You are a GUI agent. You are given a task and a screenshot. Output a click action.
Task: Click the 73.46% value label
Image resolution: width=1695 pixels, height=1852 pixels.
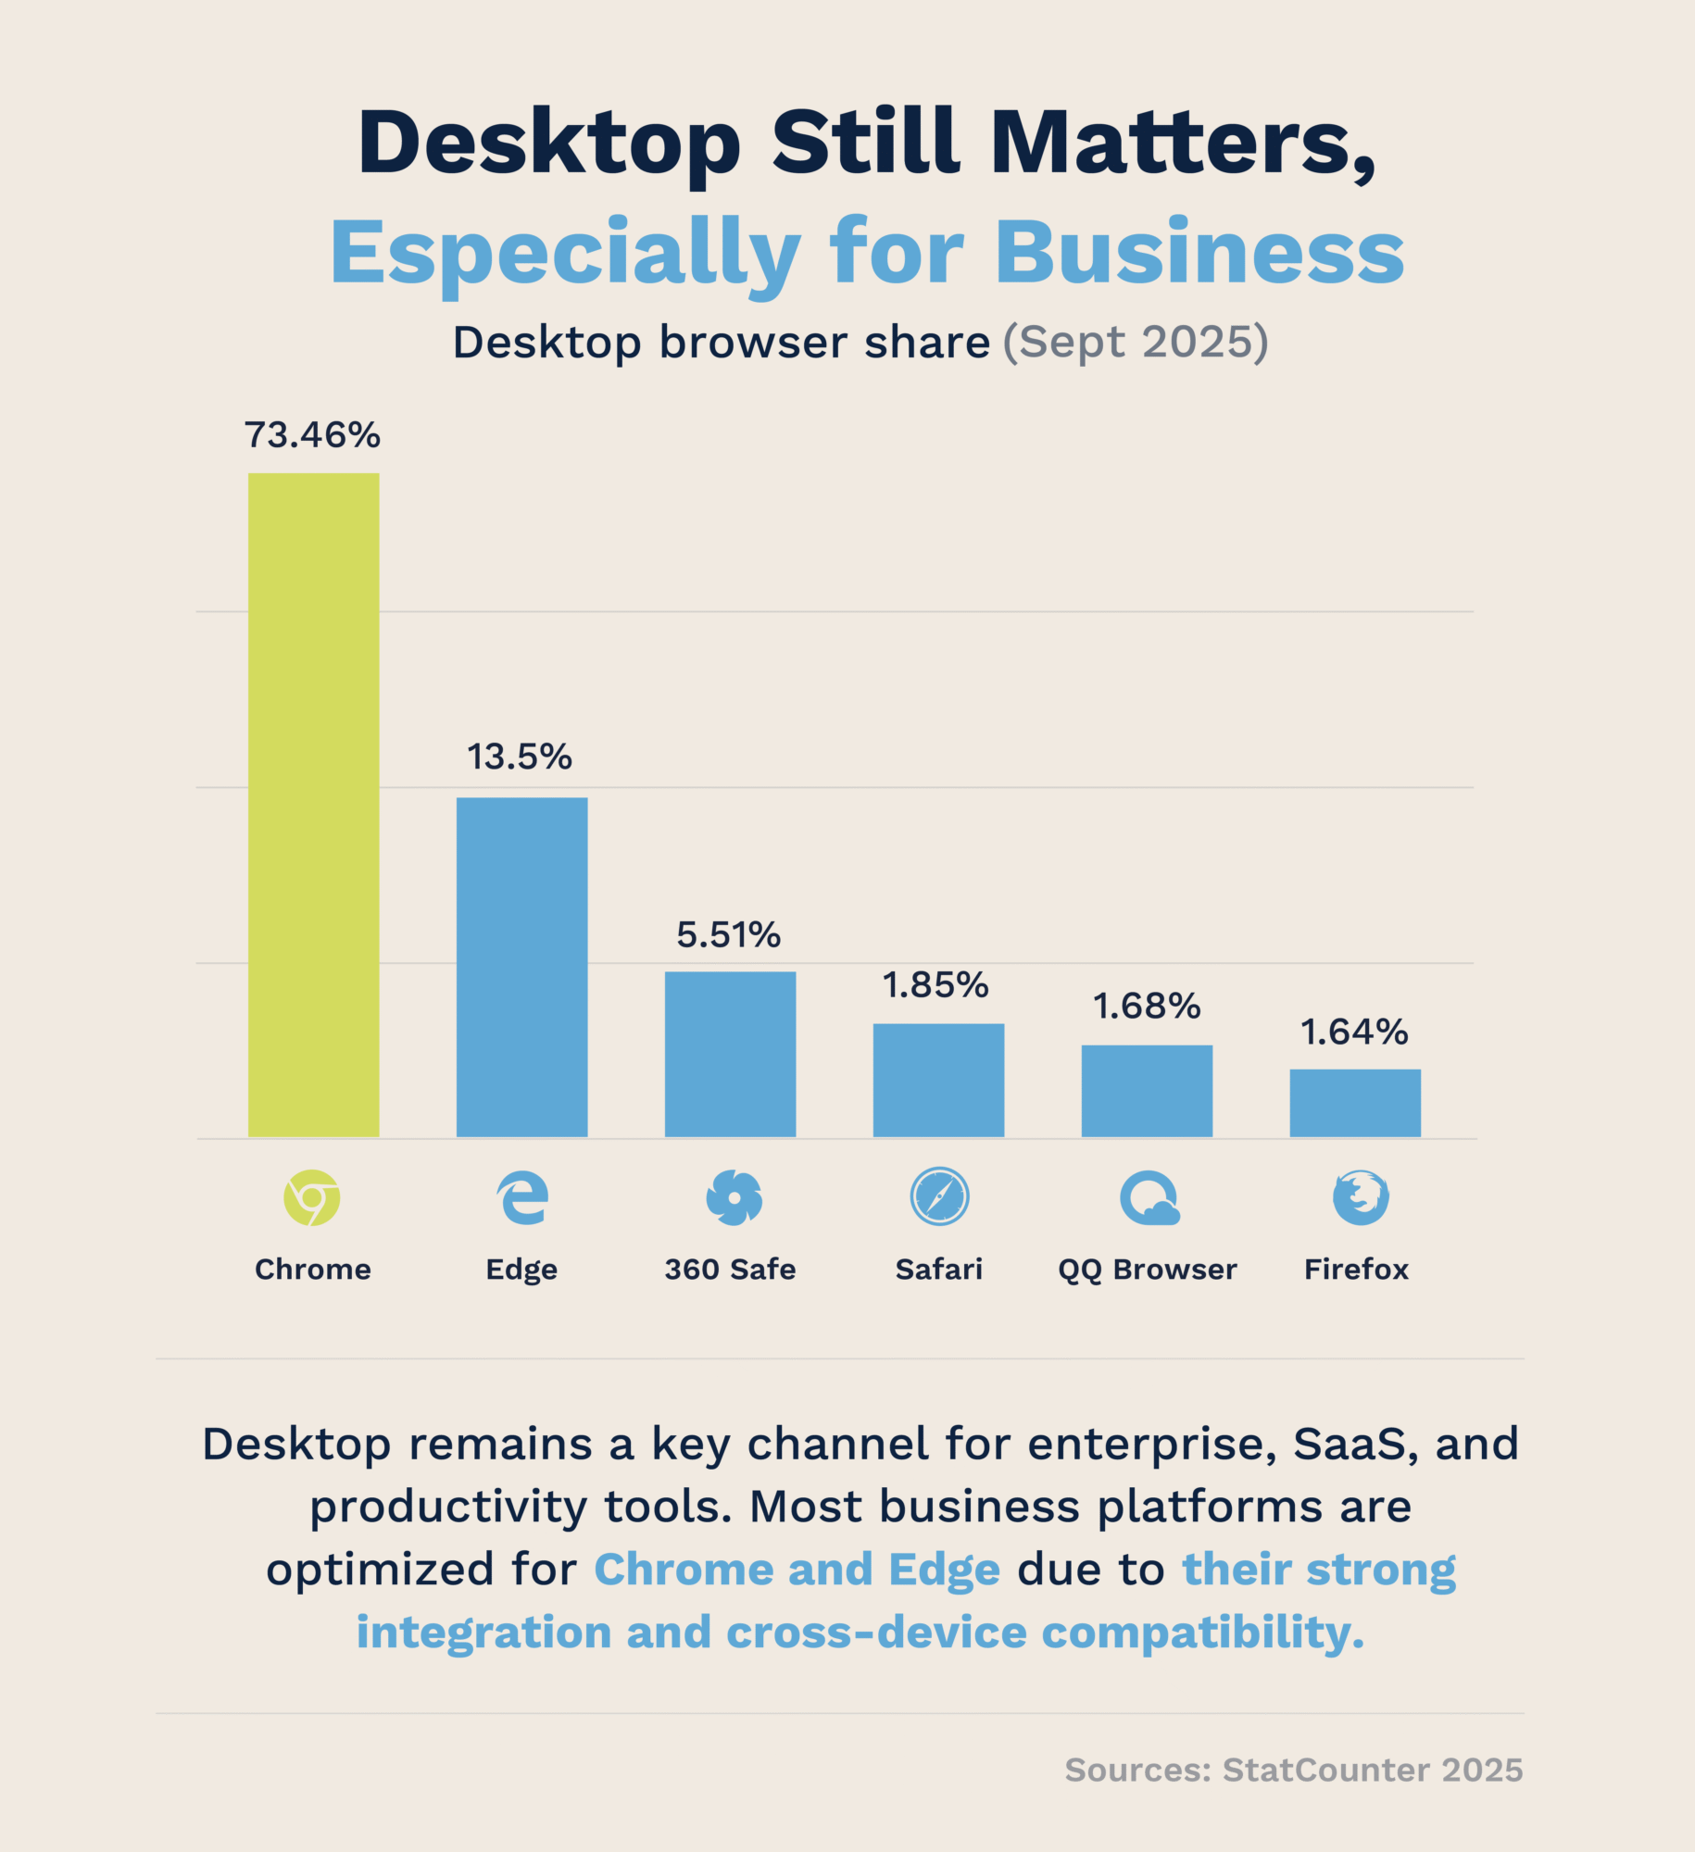(312, 435)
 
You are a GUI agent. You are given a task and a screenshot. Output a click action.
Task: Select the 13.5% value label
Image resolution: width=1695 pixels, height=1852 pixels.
(520, 757)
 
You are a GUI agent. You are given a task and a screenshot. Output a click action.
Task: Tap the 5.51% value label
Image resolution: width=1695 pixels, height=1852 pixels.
(729, 934)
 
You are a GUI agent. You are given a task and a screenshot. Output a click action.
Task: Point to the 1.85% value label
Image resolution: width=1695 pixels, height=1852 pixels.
(935, 984)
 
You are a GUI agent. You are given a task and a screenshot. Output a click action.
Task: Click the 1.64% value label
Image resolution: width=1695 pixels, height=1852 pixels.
(1354, 1032)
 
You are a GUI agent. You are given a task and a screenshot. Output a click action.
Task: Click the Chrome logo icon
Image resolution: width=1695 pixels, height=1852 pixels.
(312, 1197)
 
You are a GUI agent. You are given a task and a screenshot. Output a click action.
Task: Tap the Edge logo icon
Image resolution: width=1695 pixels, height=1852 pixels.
(522, 1197)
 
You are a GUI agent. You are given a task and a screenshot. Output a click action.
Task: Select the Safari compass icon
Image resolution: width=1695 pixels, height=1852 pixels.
(939, 1196)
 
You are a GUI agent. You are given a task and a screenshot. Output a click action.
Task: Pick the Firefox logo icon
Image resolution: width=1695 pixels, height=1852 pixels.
(1361, 1197)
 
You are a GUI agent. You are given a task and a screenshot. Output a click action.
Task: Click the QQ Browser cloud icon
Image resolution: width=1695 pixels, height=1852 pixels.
(1149, 1198)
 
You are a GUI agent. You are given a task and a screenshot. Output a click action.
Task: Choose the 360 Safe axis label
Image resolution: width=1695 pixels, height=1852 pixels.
(730, 1269)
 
